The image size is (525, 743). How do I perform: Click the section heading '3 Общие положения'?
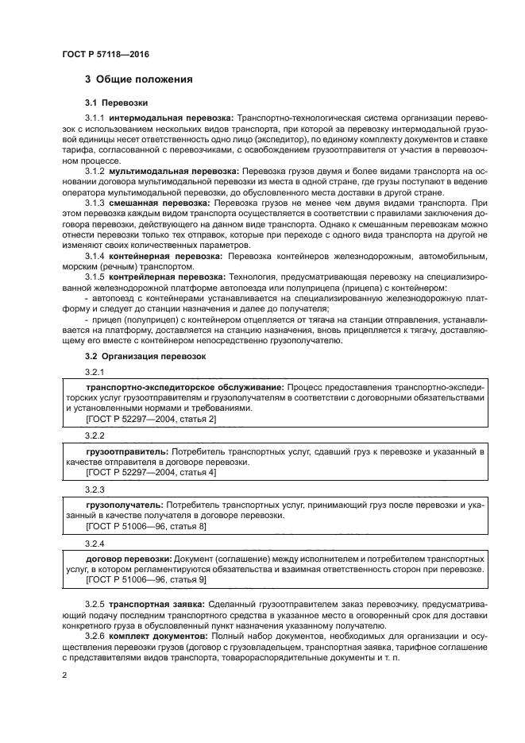pyautogui.click(x=138, y=79)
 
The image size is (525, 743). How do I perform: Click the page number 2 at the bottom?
pyautogui.click(x=65, y=675)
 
